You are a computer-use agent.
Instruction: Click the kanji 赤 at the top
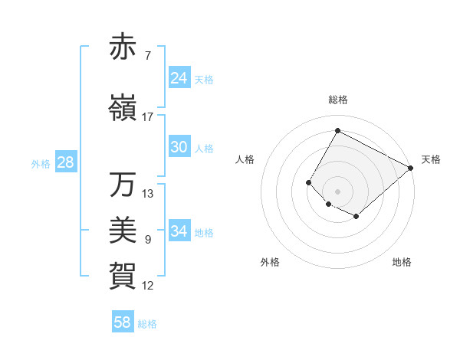[x=123, y=47]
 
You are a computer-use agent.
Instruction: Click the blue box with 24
[x=179, y=77]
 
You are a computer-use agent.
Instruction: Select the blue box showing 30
[x=179, y=147]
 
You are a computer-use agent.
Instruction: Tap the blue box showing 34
[x=179, y=231]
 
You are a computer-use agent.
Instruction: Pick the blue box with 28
[x=65, y=162]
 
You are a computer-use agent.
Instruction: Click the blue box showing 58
[x=123, y=322]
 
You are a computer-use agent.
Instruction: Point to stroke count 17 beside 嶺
[x=148, y=116]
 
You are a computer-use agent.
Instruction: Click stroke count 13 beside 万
[x=148, y=193]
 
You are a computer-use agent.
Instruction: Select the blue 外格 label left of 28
[x=41, y=163]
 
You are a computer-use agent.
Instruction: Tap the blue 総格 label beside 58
[x=147, y=324]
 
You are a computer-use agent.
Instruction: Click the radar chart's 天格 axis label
[x=431, y=159]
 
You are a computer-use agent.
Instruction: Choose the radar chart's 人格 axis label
[x=245, y=159]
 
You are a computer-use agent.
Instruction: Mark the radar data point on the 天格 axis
[x=411, y=168]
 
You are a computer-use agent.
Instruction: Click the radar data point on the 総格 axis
[x=337, y=131]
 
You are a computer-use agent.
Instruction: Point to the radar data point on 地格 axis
[x=356, y=218]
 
